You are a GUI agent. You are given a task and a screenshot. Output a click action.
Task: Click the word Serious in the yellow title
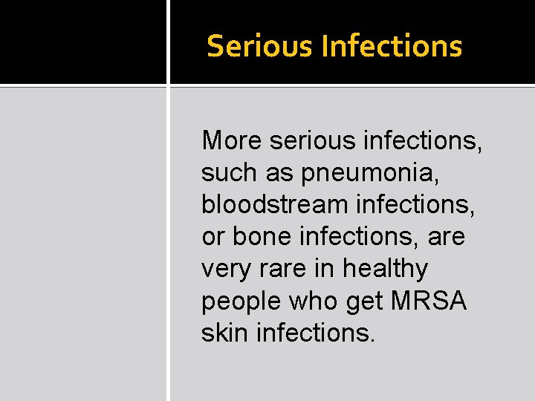(x=261, y=46)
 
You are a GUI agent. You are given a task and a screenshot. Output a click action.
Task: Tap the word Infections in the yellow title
(x=392, y=46)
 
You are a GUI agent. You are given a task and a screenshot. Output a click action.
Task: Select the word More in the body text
(x=227, y=140)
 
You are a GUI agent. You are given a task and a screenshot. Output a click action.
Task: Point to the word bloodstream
(x=275, y=204)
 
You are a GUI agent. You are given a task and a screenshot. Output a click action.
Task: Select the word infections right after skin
(x=316, y=333)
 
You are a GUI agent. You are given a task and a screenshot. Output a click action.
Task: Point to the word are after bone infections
(x=446, y=237)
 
